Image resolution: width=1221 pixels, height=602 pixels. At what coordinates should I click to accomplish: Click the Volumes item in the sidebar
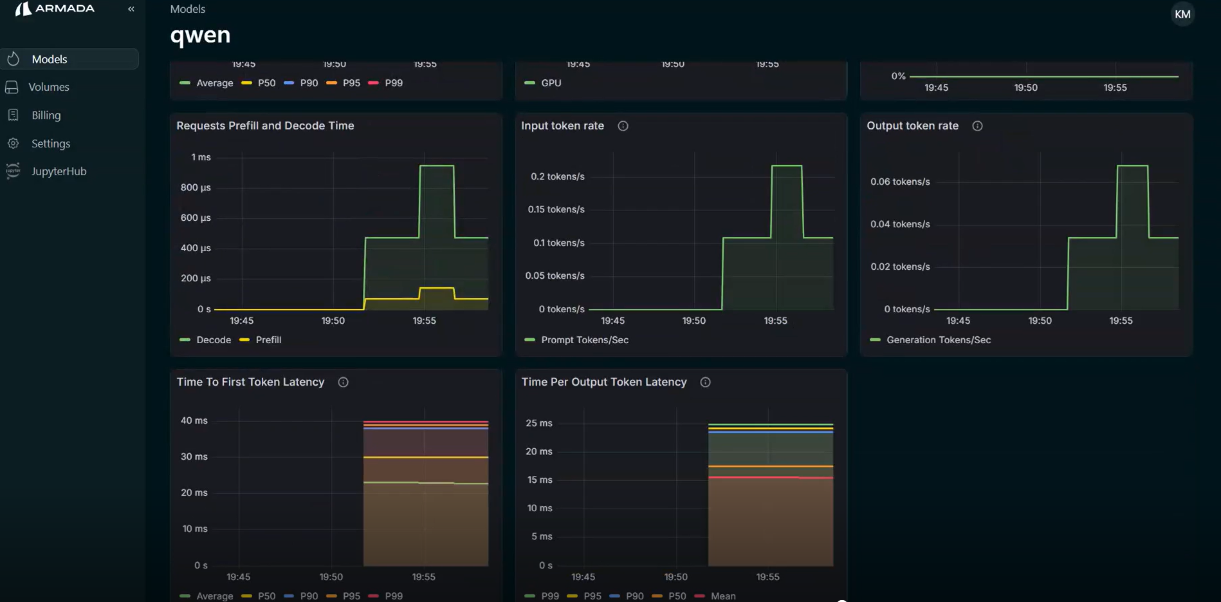click(x=48, y=87)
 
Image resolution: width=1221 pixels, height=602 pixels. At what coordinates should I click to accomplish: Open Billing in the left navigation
click(x=46, y=115)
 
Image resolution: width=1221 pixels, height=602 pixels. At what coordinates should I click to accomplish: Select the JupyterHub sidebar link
click(x=59, y=171)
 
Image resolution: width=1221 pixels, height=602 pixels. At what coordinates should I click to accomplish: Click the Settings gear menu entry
click(x=50, y=144)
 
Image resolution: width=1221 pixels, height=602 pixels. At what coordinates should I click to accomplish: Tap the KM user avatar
click(x=1182, y=14)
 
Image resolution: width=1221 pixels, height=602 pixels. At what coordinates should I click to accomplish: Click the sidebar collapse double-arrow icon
click(x=131, y=9)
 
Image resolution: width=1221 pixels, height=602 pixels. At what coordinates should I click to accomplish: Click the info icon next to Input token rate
click(x=623, y=126)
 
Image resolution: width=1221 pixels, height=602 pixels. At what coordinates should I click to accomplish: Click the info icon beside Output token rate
click(x=977, y=126)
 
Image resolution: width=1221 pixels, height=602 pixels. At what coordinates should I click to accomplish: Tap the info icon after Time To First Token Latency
click(x=343, y=382)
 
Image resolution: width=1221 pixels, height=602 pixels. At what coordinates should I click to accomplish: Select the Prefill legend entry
click(x=268, y=340)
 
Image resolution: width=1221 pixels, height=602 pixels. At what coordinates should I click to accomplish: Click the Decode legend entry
click(x=213, y=340)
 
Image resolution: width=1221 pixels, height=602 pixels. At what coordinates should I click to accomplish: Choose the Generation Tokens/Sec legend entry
click(x=938, y=340)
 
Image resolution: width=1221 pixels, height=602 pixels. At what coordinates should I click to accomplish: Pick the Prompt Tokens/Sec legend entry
click(x=584, y=340)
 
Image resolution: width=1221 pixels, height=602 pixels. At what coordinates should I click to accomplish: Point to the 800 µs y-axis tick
click(x=196, y=187)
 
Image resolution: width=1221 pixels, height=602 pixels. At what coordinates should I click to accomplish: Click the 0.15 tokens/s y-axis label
click(x=556, y=209)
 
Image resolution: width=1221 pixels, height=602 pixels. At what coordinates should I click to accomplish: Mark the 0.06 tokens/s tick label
click(x=900, y=182)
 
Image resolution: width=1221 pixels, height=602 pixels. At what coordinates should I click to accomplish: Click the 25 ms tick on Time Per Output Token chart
click(x=539, y=423)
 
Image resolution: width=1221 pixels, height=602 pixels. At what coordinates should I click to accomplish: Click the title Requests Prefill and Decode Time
click(x=265, y=126)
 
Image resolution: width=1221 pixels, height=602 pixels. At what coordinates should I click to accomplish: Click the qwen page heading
click(x=200, y=35)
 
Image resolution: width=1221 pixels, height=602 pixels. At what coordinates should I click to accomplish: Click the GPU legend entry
click(x=551, y=83)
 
